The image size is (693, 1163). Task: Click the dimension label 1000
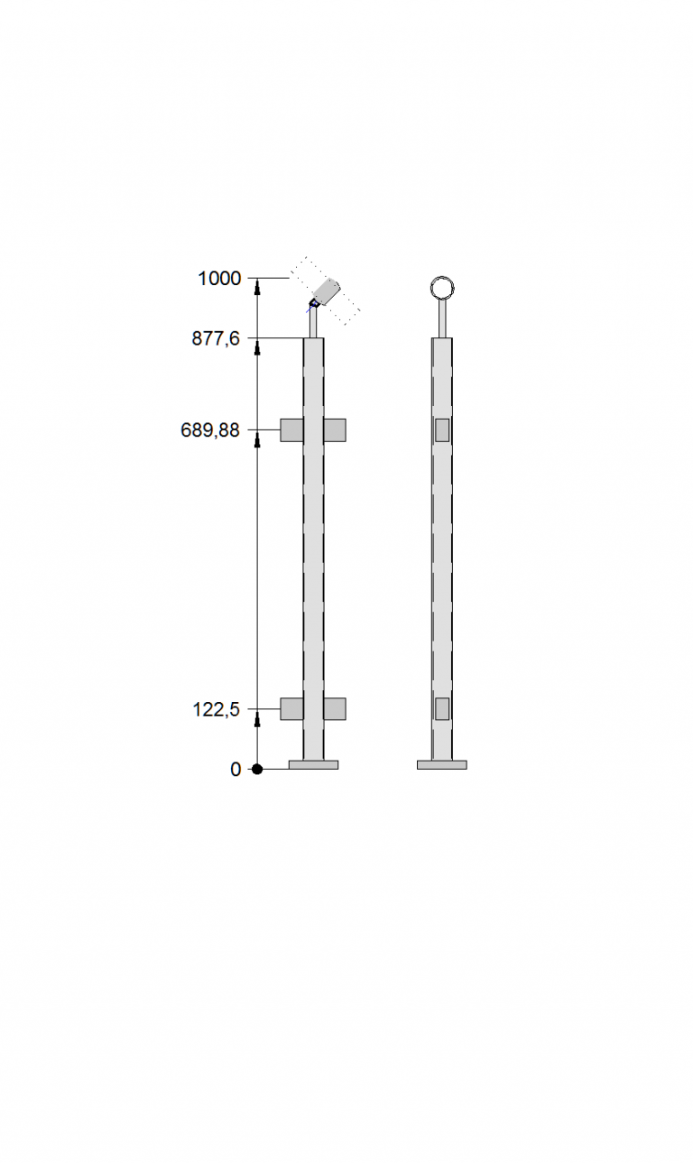click(219, 278)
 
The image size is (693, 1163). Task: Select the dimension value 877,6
click(216, 338)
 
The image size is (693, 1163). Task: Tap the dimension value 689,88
click(210, 429)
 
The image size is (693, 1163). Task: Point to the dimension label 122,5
click(217, 708)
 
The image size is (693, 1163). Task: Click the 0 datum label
click(236, 769)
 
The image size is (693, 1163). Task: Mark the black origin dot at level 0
click(257, 769)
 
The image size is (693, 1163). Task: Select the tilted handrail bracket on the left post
click(325, 292)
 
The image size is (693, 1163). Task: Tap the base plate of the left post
click(313, 765)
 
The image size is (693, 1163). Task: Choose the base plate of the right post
click(442, 765)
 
